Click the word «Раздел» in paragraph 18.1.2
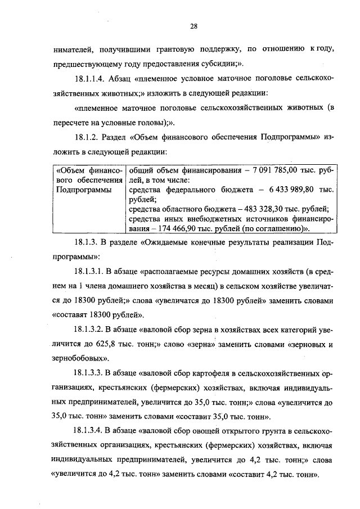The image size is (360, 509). tap(114, 137)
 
